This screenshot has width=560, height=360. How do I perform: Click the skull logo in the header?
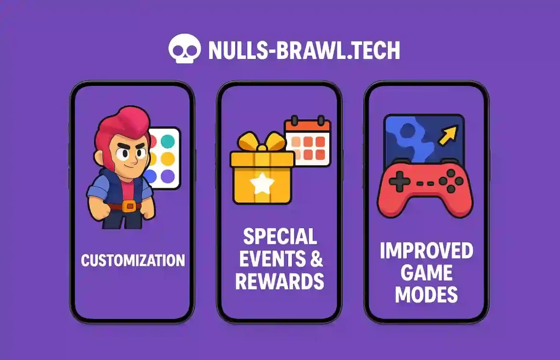tap(185, 49)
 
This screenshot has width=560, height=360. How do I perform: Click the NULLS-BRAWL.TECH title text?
tap(304, 50)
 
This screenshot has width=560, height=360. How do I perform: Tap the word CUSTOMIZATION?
tap(133, 260)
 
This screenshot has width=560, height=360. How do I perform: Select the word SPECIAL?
tap(280, 237)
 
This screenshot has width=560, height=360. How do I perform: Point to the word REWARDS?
tap(279, 281)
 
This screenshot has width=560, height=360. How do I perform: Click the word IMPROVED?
tap(427, 251)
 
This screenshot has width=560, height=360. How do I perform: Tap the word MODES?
tap(427, 294)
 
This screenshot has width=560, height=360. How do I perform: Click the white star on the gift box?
tap(262, 185)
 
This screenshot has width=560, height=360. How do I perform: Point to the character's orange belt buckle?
tap(129, 206)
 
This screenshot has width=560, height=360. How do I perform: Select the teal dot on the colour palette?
tap(168, 142)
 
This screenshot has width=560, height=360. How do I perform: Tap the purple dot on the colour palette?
tap(168, 176)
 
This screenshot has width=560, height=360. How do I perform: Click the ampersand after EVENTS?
tap(316, 259)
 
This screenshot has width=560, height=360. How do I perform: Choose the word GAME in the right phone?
tap(427, 272)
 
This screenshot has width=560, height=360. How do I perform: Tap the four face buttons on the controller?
tap(451, 181)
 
